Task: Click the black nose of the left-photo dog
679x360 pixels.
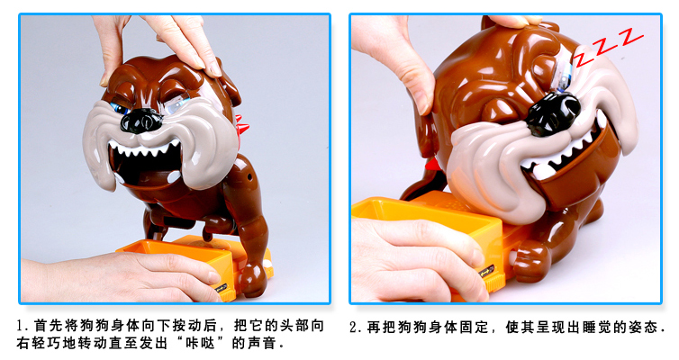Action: coord(141,121)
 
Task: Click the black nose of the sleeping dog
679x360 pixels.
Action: coord(552,113)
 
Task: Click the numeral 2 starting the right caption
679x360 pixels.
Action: coord(354,327)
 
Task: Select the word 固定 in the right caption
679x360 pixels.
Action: coord(474,327)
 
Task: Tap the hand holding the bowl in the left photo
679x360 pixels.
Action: coord(122,276)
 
